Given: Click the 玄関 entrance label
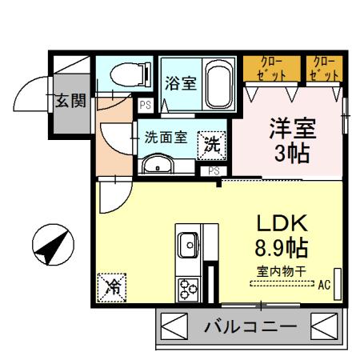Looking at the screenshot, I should [x=70, y=101].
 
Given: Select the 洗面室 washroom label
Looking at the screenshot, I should [x=166, y=137].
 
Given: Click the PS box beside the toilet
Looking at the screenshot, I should [x=146, y=105].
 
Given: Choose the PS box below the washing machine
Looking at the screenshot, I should [x=214, y=170].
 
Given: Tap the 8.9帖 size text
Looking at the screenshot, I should [x=282, y=246].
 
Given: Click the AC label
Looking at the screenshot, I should [x=324, y=283].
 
